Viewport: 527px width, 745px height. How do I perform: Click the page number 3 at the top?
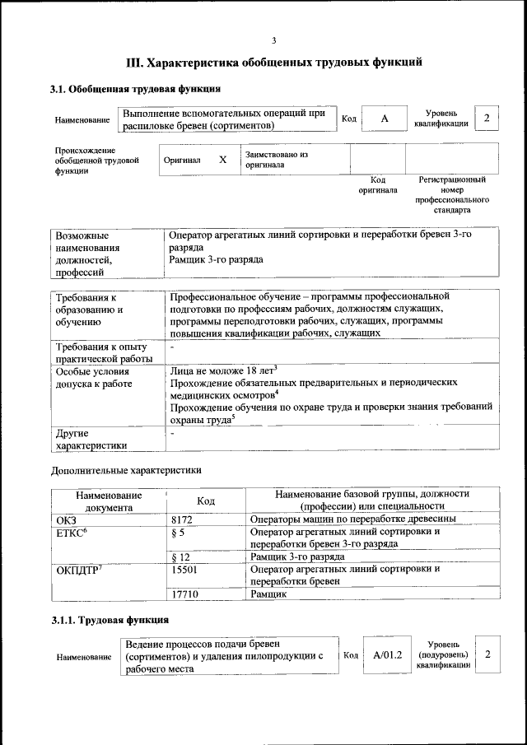[274, 40]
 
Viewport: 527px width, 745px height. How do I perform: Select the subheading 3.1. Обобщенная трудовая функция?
[134, 89]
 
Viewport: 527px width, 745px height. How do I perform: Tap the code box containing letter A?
[384, 119]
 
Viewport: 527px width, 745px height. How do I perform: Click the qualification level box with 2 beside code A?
[487, 119]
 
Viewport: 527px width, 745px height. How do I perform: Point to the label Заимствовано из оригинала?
[276, 159]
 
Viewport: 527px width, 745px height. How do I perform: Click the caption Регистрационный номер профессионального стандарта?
[452, 194]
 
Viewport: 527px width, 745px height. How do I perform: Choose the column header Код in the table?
[206, 501]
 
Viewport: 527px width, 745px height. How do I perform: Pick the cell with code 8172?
[182, 519]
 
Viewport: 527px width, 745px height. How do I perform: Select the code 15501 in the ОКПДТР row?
[184, 569]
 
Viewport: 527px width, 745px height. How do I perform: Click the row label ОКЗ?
[66, 519]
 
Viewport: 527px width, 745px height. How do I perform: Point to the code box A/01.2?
[386, 654]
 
